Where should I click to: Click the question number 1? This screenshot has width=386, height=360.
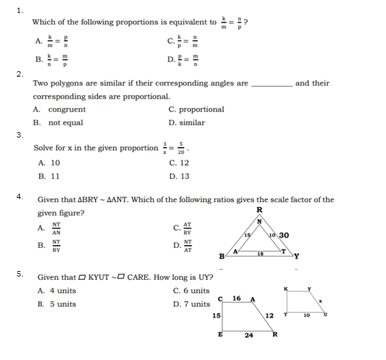click(20, 10)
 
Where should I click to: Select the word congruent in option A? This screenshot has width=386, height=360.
click(66, 110)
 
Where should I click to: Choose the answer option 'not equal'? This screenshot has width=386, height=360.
click(65, 123)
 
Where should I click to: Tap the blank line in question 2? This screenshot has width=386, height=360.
click(272, 85)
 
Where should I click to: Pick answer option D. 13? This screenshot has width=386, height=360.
click(180, 176)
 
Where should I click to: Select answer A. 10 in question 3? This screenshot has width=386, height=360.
click(50, 163)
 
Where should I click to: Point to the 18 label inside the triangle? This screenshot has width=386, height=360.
click(259, 253)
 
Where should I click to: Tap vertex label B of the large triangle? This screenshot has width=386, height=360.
click(220, 257)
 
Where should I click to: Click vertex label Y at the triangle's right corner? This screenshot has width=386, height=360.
click(296, 257)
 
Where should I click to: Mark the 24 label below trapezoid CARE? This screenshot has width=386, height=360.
click(248, 335)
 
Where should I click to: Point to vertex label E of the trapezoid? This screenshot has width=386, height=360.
click(220, 335)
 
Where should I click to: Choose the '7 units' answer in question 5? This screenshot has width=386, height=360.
click(191, 304)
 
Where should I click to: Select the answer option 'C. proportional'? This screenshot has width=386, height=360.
click(196, 110)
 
